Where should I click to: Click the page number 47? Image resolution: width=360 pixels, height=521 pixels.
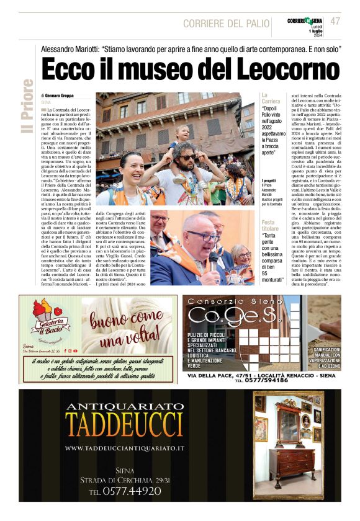tap(335, 21)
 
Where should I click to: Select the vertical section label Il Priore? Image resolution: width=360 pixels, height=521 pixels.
tap(27, 105)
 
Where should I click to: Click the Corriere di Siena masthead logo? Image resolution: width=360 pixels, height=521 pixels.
tap(304, 21)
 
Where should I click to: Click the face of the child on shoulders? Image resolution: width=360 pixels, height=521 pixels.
tap(184, 133)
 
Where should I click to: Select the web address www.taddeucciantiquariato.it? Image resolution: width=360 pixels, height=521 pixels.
tap(124, 448)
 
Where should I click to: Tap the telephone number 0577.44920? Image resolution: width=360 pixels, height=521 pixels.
tap(125, 491)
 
